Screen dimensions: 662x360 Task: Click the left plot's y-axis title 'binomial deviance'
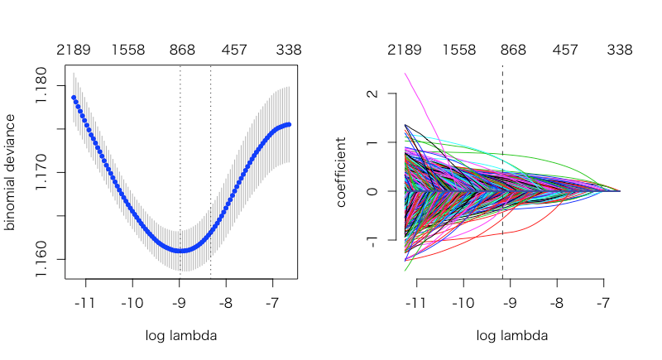coord(10,172)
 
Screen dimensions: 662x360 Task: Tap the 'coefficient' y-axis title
coord(341,172)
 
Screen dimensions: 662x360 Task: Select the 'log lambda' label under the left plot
coord(181,335)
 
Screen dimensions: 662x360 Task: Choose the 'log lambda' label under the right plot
coord(512,335)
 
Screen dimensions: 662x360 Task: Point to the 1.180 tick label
coord(41,85)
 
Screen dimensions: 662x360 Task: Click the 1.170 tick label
coord(41,172)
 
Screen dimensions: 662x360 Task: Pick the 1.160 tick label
coord(41,259)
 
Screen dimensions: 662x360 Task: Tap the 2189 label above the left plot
coord(74,50)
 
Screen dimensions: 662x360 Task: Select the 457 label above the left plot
coord(234,50)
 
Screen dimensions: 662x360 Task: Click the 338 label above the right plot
coord(620,50)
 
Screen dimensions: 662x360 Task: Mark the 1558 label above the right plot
coord(459,50)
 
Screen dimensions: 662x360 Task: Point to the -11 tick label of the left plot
coord(85,303)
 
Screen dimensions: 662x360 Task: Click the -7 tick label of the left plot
coord(272,303)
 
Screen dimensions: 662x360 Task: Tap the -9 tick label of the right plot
coord(510,303)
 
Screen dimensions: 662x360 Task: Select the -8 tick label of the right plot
coord(557,303)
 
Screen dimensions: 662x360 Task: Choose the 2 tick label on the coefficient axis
coord(372,94)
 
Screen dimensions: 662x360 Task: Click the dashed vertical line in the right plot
coord(502,172)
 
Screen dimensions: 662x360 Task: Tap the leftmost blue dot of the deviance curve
coord(74,98)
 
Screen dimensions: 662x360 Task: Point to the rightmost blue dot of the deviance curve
coord(289,124)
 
